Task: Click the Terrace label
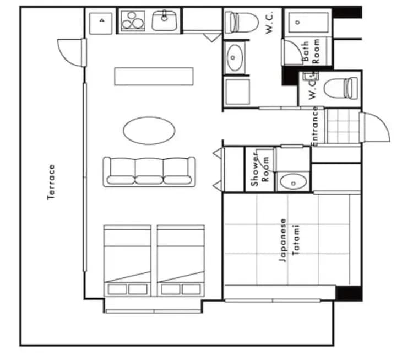51,182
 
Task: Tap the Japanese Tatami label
289,240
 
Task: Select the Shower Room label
260,169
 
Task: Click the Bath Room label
311,51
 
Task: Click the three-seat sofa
149,170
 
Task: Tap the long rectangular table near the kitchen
154,76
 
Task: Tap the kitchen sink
164,21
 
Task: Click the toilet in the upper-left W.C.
242,22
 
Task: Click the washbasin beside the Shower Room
291,181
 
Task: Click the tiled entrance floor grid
342,126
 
